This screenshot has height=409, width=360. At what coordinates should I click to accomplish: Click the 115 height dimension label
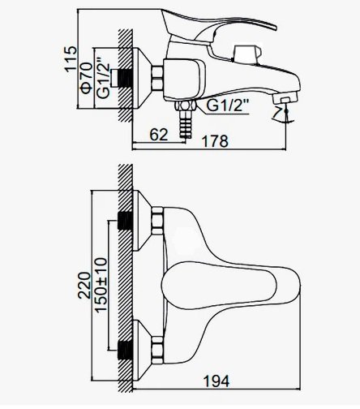click(71, 59)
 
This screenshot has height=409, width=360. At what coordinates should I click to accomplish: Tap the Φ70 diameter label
click(87, 78)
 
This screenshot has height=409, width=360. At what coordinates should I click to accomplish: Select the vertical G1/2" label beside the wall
click(103, 77)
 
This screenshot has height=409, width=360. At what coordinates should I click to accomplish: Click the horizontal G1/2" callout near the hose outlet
click(227, 105)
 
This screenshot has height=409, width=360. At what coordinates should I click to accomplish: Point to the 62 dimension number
click(159, 135)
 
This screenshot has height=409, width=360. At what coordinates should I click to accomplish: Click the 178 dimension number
click(216, 141)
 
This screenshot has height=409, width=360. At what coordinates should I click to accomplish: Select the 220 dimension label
click(84, 286)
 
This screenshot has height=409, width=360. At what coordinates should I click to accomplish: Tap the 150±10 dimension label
click(101, 285)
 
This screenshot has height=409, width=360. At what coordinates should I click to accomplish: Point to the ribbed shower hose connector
click(185, 124)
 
